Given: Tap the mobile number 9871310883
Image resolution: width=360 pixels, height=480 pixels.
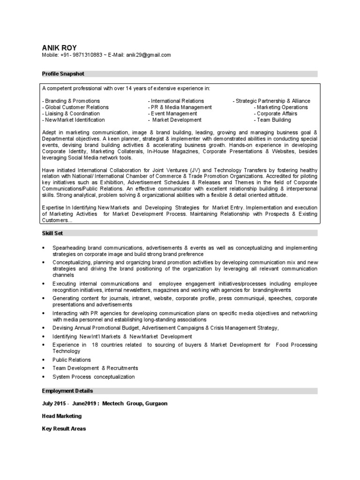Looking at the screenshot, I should [x=87, y=55].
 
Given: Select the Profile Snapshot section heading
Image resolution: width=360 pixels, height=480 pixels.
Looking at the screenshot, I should [x=63, y=74].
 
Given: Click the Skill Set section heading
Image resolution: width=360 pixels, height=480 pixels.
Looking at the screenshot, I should [x=52, y=233].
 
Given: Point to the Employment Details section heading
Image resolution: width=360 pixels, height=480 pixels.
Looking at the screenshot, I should [x=67, y=391].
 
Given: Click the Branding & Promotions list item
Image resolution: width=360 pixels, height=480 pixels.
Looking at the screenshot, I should [x=71, y=101].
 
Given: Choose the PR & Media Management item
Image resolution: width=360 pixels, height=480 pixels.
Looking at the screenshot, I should [x=179, y=107].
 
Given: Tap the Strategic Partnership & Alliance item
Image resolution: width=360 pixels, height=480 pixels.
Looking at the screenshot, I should [x=271, y=101].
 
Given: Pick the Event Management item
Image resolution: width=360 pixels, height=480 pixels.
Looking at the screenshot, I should [x=172, y=114].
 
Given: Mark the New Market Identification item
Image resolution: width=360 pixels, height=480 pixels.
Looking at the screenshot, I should [x=74, y=120].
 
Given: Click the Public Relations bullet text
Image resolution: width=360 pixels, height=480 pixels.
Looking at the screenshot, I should [x=72, y=360].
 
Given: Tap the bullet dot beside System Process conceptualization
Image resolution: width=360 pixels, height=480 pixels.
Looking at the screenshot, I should [x=44, y=377].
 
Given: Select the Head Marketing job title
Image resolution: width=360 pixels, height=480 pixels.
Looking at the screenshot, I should [x=62, y=416].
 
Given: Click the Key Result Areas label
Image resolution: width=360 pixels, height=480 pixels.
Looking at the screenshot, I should [x=64, y=428].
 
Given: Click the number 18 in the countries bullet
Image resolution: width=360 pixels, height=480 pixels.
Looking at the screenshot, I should [x=95, y=345].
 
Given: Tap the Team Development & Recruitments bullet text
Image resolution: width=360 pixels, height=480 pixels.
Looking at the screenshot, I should [x=95, y=368].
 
